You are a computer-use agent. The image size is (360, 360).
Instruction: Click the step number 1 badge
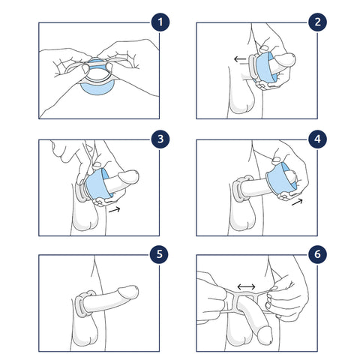tap(160, 22)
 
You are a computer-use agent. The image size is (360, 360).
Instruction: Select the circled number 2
tap(317, 22)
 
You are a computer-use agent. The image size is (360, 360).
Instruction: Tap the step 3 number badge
tap(160, 139)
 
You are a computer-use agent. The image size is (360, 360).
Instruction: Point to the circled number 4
tap(317, 139)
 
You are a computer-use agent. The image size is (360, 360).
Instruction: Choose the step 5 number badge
tap(159, 254)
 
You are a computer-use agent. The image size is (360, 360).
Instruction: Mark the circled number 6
tap(317, 254)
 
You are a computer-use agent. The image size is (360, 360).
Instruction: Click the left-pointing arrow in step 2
tap(240, 59)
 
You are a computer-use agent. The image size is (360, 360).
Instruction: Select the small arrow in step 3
tap(115, 209)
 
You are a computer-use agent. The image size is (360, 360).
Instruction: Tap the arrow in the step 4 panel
tap(297, 202)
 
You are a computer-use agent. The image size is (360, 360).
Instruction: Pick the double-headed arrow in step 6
tap(246, 286)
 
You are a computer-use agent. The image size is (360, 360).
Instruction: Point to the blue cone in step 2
tap(265, 67)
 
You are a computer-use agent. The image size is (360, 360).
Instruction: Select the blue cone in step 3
tap(97, 184)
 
